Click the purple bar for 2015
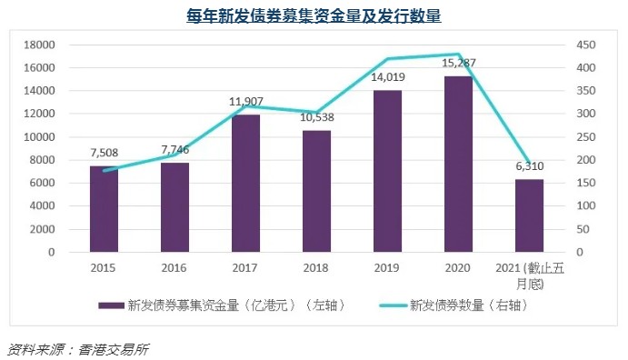tap(103, 208)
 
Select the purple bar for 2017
tap(245, 183)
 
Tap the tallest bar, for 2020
tap(458, 164)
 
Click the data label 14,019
tap(387, 78)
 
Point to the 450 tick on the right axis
tap(586, 45)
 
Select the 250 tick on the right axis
tap(586, 136)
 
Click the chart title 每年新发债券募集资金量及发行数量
tap(314, 15)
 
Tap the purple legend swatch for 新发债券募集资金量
tap(111, 305)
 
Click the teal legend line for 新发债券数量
tap(377, 305)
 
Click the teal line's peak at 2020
tap(458, 55)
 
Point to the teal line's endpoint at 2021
tap(529, 161)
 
